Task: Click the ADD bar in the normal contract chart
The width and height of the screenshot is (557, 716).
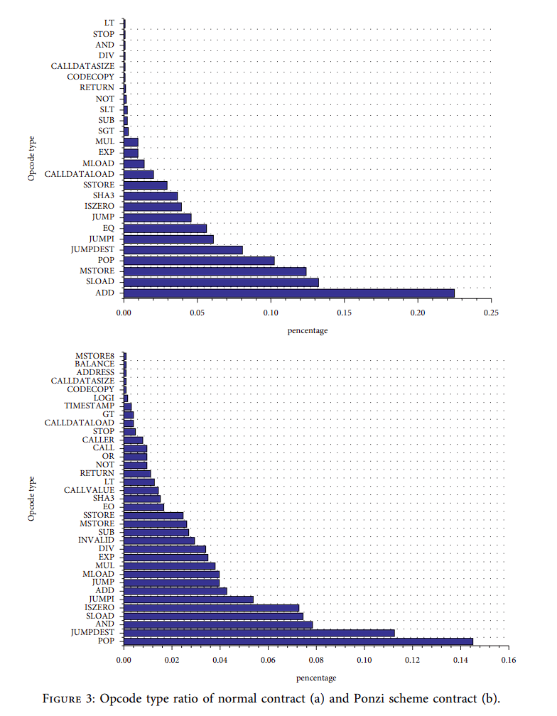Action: pos(289,293)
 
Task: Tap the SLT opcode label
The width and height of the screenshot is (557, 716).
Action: pos(107,109)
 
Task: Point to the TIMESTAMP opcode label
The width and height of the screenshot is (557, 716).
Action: pos(89,406)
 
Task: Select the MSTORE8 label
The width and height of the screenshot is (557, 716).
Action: pos(94,355)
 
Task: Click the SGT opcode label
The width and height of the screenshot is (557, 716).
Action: pos(106,131)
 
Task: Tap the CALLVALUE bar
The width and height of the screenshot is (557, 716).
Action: pos(141,490)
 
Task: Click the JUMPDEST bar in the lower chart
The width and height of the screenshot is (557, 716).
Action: pos(259,633)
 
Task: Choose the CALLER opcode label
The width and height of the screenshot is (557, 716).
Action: pos(98,440)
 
